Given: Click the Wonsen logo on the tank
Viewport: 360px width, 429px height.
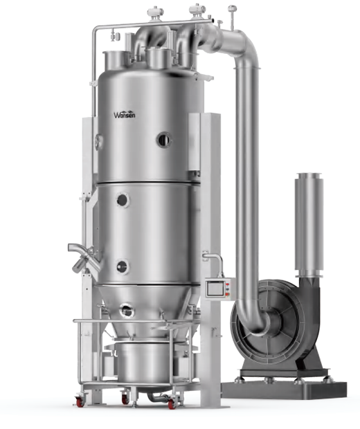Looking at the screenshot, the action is coord(125,114).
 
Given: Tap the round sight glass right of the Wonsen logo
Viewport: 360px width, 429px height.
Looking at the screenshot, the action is coord(164,140).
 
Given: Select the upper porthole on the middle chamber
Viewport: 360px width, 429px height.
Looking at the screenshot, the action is coord(123,200).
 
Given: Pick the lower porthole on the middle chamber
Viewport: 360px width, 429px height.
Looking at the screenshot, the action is coord(122,267).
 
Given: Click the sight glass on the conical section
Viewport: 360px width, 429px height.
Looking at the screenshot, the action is coord(127,311).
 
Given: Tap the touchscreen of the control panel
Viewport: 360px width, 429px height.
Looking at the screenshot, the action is coord(215,289).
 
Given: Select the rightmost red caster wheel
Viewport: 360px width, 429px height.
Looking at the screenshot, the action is coord(172,404).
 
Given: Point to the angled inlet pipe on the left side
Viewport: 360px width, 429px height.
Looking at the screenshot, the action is coord(84,257).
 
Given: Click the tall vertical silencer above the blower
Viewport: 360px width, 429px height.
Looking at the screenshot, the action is coord(309,224).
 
